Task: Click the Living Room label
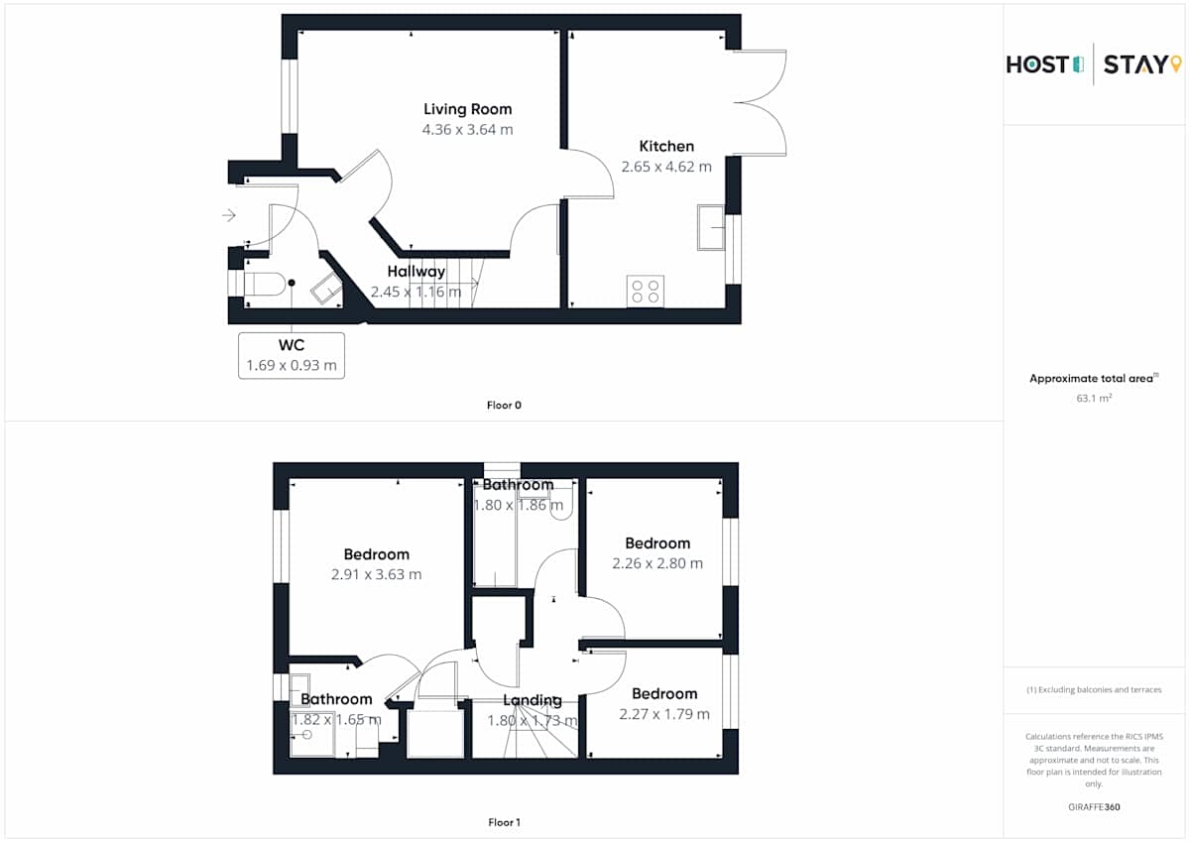click(x=467, y=109)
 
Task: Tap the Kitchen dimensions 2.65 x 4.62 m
click(x=666, y=167)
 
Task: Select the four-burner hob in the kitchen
click(x=645, y=292)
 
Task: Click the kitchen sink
click(x=711, y=227)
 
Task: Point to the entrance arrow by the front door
click(x=229, y=215)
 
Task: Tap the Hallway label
click(x=416, y=272)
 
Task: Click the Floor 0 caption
click(x=504, y=406)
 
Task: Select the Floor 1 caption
click(x=504, y=822)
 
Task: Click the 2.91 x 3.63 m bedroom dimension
click(x=376, y=575)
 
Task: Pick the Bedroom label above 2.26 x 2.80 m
click(x=657, y=543)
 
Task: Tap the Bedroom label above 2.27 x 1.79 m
click(x=664, y=694)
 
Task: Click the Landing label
click(x=533, y=701)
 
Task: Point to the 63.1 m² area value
click(x=1094, y=398)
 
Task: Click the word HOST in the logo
click(x=1037, y=64)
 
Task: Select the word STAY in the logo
click(x=1135, y=64)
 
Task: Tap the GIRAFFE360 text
click(x=1094, y=807)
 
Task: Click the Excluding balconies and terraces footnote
click(x=1094, y=689)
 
